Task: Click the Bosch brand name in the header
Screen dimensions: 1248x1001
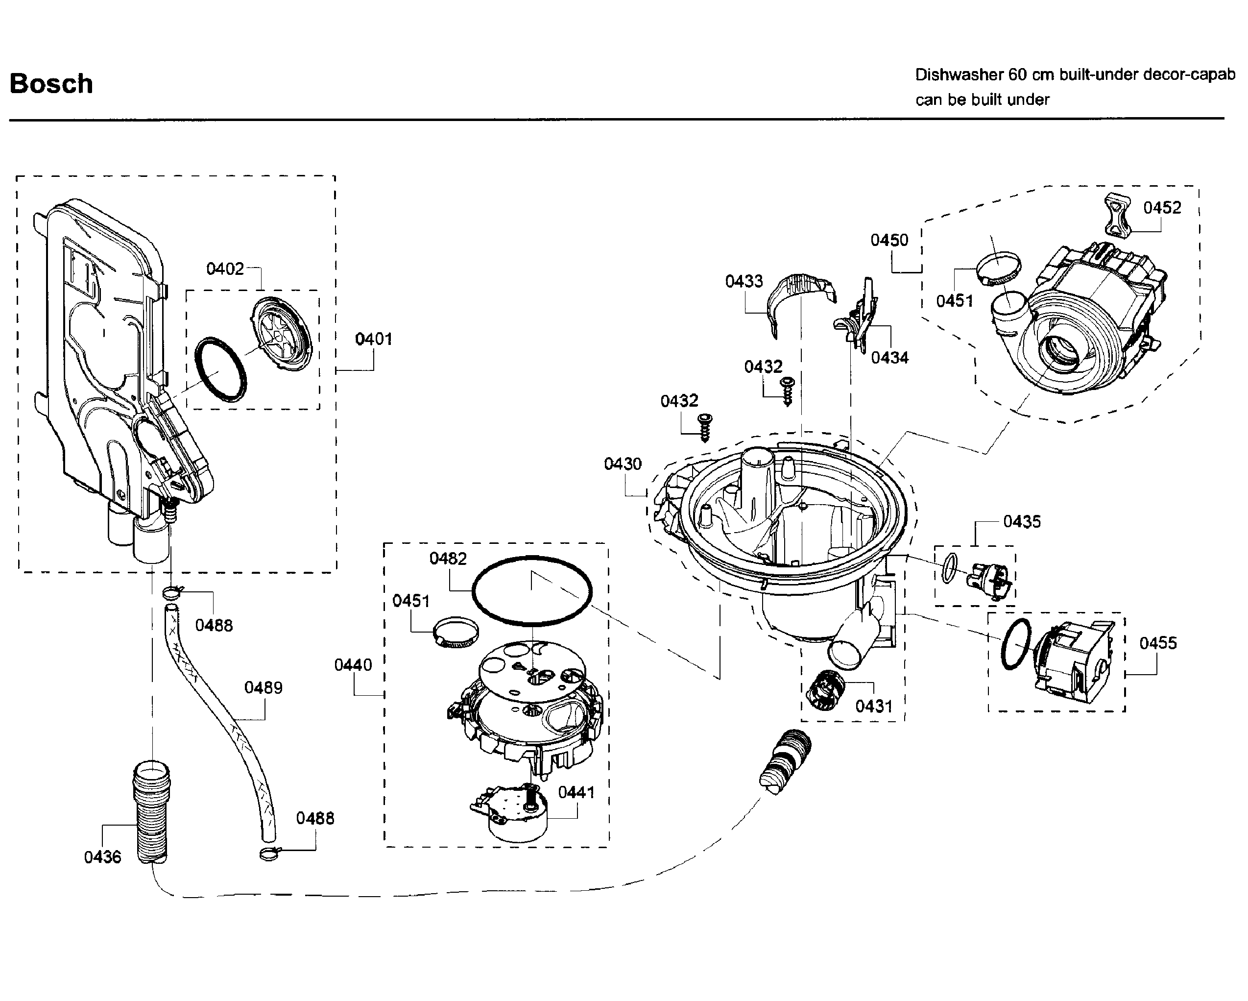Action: (x=51, y=84)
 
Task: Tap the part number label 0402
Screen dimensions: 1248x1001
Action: (x=225, y=269)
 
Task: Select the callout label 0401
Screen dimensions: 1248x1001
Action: (x=373, y=339)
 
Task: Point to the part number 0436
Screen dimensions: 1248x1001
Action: (x=102, y=857)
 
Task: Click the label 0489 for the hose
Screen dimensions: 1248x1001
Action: (x=264, y=688)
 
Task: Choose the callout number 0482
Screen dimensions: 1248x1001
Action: (x=448, y=559)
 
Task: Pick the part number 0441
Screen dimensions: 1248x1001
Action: (x=576, y=793)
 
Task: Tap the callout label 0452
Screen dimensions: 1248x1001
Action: (x=1162, y=208)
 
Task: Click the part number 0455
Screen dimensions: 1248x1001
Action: (x=1158, y=643)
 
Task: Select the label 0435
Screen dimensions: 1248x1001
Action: (x=1022, y=522)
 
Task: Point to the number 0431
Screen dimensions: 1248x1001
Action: (x=874, y=707)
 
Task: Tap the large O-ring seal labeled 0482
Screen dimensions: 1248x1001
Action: (x=532, y=591)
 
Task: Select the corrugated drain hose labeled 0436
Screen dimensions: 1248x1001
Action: (x=152, y=812)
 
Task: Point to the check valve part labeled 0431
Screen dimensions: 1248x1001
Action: (x=825, y=689)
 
